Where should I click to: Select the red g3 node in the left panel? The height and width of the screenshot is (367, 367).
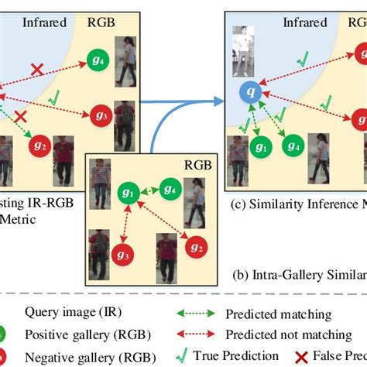99,114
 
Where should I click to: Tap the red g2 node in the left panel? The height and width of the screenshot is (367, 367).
42,145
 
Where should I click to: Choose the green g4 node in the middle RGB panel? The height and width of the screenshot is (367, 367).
170,188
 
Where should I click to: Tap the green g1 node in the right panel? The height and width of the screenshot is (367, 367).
260,146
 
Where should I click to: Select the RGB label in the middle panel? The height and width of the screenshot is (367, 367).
197,164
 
